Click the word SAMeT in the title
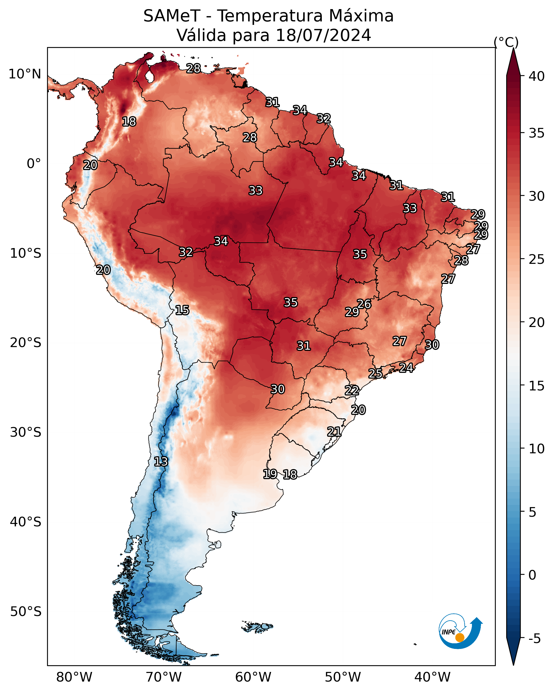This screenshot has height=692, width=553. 172,16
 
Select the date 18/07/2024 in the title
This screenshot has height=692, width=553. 323,35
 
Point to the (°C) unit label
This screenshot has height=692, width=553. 506,42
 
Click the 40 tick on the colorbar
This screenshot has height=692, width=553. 537,76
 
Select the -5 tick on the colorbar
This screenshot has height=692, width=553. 535,639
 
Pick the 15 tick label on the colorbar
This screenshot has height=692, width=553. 537,386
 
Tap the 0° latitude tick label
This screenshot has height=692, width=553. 34,164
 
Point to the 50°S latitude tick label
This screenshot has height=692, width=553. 26,612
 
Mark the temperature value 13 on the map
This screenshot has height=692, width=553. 161,462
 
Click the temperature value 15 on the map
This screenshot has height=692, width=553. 182,310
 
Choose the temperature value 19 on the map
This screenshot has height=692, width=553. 270,474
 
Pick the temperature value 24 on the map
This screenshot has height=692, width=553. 406,367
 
